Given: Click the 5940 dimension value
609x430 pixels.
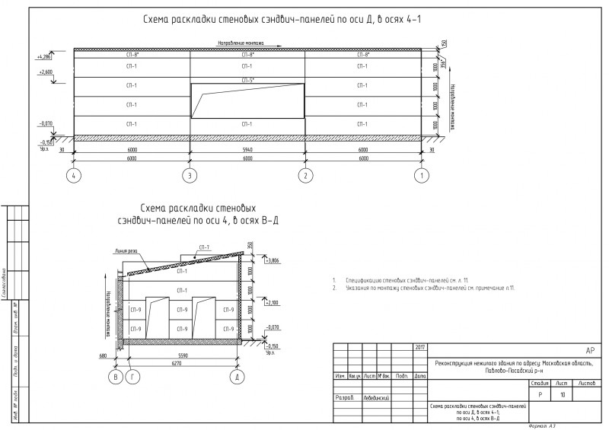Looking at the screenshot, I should click(247, 151).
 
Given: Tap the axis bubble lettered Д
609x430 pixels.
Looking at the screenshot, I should click(238, 377).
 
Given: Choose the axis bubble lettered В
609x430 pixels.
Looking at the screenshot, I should click(116, 377).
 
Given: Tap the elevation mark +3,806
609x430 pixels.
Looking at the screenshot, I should click(271, 260).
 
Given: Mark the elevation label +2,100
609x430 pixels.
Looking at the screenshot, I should click(271, 303).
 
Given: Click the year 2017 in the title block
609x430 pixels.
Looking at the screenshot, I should click(420, 348).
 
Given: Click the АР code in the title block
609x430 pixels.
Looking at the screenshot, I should click(589, 351).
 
